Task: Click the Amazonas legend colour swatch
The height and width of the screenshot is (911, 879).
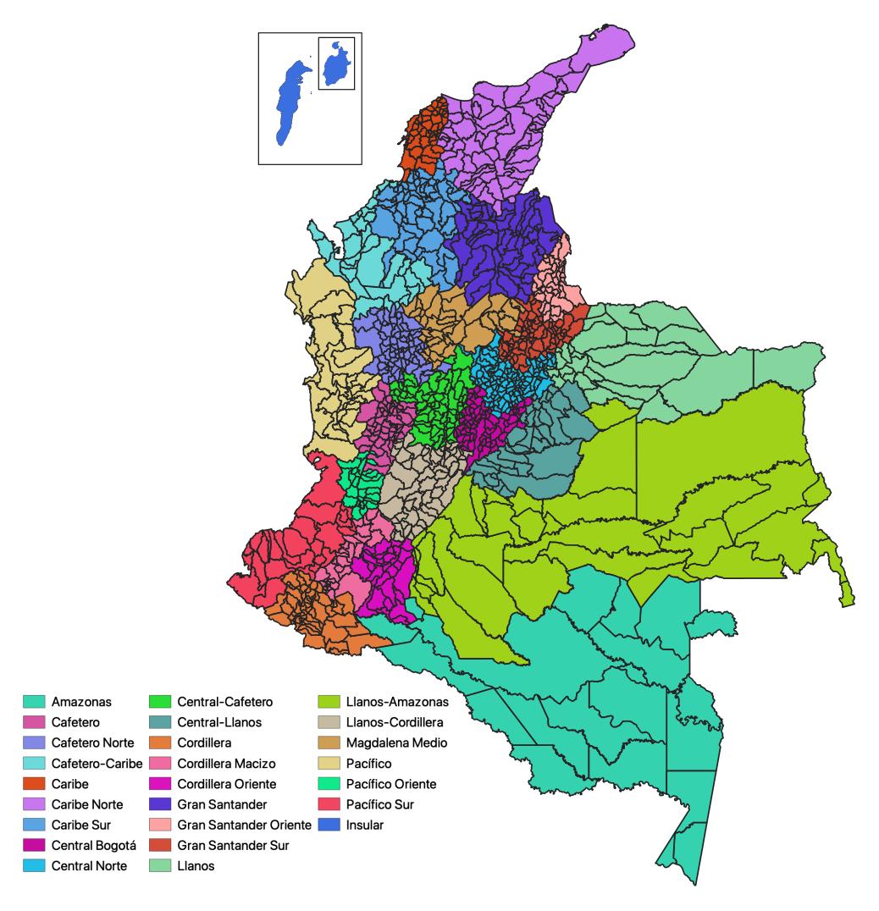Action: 33,702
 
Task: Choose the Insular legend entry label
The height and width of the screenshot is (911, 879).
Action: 365,825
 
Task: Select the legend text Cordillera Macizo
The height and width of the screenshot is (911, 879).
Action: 226,763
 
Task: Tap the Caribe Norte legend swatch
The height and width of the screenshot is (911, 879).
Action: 33,804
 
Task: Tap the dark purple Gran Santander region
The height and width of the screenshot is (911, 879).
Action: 500,241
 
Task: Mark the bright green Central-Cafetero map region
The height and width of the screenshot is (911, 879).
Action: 436,394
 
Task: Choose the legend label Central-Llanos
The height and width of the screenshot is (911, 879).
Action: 219,722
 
